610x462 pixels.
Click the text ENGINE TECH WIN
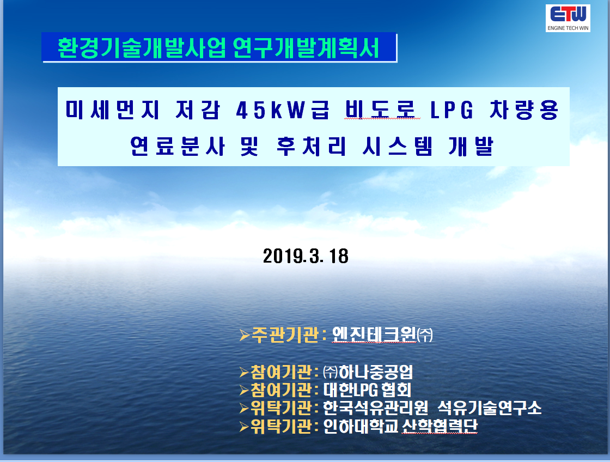[568, 28]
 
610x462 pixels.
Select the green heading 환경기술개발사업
[142, 48]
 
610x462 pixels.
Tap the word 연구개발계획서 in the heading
[306, 48]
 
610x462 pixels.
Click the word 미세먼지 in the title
[112, 110]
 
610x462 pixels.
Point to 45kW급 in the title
[283, 110]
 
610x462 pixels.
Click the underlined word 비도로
[382, 110]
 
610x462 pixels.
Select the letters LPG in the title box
[452, 110]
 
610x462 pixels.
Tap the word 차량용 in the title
[524, 110]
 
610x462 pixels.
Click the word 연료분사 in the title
[178, 147]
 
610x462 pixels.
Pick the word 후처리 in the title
[311, 147]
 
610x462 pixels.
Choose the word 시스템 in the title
[397, 147]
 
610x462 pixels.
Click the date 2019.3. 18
[306, 256]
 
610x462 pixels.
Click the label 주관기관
[285, 335]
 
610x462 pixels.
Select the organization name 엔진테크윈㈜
[382, 335]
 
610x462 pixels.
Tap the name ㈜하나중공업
[368, 372]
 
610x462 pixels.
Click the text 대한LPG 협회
[367, 390]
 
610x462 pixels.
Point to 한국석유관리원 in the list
[375, 408]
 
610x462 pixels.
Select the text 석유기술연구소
[490, 408]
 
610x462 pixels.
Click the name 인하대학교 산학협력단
[400, 426]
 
